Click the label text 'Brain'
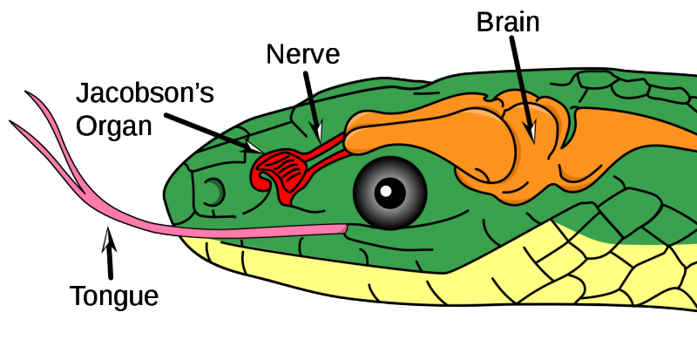pyautogui.click(x=508, y=22)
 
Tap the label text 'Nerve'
pyautogui.click(x=302, y=55)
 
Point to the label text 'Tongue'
pyautogui.click(x=114, y=296)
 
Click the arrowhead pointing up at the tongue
pyautogui.click(x=108, y=237)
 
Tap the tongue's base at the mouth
pyautogui.click(x=343, y=229)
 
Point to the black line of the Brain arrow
pyautogui.click(x=519, y=78)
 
